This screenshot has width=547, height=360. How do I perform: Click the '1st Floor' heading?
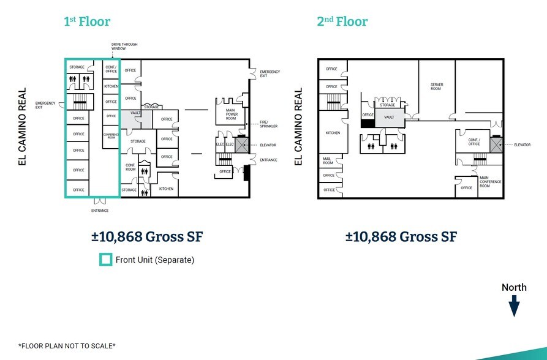(87, 22)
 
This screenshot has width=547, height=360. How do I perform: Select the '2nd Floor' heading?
(342, 22)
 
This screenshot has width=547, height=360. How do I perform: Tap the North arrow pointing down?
(514, 305)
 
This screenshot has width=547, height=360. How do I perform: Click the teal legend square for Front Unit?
(106, 260)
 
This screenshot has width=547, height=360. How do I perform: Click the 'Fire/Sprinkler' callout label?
(268, 124)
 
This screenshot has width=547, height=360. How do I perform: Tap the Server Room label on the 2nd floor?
(436, 86)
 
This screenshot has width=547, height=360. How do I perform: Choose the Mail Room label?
(327, 160)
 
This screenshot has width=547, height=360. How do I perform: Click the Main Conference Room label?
(490, 182)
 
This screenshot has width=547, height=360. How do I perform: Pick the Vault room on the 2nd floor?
(388, 116)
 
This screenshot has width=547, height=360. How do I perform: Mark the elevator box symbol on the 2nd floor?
(496, 144)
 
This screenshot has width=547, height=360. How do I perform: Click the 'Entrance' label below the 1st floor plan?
(99, 211)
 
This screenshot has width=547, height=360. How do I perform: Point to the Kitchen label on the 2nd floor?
(333, 133)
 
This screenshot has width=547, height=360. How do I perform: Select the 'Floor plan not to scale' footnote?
(67, 346)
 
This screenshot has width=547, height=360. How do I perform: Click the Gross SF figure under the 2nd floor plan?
(401, 237)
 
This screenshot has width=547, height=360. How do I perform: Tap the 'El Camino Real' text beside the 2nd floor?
(300, 127)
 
